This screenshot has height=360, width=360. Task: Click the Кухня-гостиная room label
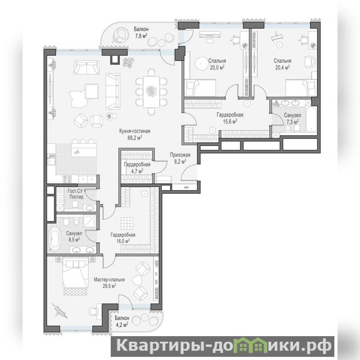(x=135, y=131)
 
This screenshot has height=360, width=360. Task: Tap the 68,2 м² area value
(x=135, y=138)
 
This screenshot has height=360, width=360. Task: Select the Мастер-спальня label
(x=109, y=279)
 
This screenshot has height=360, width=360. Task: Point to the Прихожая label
(x=180, y=155)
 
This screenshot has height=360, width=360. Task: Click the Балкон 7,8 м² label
(x=141, y=32)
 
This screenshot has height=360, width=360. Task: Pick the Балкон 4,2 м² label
(x=122, y=321)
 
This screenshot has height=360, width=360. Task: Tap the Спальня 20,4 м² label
(x=283, y=64)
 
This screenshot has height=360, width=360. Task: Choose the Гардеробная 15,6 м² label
(x=230, y=118)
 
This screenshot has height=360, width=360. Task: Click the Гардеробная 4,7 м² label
(x=137, y=167)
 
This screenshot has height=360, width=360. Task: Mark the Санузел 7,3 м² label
(x=292, y=118)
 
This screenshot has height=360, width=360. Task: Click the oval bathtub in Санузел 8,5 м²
(x=55, y=239)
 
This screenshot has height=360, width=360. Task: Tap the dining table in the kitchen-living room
(x=151, y=92)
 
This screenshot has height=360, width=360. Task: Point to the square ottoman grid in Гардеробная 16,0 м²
(x=127, y=223)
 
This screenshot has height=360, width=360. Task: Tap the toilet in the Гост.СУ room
(x=75, y=204)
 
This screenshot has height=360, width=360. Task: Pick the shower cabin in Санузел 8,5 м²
(x=90, y=221)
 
